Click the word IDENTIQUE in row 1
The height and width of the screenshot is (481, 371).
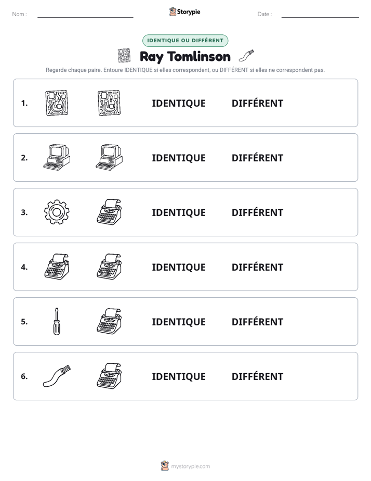[179, 104]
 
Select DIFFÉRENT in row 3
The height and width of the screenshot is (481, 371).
[257, 212]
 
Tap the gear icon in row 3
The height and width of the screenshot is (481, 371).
[57, 212]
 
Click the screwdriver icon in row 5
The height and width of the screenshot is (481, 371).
[57, 322]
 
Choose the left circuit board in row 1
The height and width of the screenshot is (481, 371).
[57, 103]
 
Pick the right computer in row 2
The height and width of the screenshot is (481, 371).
[109, 157]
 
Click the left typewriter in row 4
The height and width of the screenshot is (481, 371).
[57, 267]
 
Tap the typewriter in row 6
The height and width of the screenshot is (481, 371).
[109, 376]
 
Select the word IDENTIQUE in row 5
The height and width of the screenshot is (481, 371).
[179, 322]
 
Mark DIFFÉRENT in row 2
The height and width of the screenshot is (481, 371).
[257, 158]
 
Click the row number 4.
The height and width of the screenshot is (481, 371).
[24, 267]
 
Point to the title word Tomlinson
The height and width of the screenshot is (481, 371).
[199, 56]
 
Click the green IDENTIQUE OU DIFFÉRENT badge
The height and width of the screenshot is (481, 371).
[185, 41]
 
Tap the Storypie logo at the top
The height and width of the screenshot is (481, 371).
[184, 12]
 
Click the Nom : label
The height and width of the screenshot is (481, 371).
[20, 14]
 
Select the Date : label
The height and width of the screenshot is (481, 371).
[264, 14]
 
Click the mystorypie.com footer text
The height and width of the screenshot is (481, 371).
[190, 466]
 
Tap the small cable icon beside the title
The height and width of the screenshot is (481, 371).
[246, 56]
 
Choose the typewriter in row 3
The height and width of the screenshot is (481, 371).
[109, 212]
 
